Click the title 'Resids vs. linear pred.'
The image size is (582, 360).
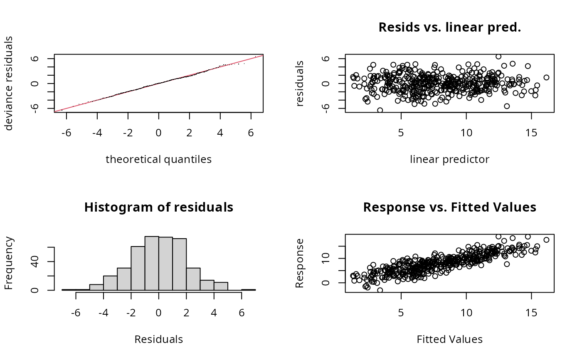449,27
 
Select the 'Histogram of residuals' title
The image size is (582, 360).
158,207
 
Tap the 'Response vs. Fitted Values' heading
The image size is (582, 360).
449,207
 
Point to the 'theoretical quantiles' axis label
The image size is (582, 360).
158,159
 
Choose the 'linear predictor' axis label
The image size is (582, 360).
449,159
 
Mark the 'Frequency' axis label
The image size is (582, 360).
9,263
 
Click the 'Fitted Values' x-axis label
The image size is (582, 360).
449,339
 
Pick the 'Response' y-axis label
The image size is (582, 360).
299,263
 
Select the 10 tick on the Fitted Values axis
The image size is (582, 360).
466,305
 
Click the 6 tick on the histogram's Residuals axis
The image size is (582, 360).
242,305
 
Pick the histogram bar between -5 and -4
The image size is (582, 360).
96,287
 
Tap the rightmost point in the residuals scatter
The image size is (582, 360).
546,77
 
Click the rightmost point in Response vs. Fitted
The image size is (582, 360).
546,240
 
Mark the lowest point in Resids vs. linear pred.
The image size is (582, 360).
380,110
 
